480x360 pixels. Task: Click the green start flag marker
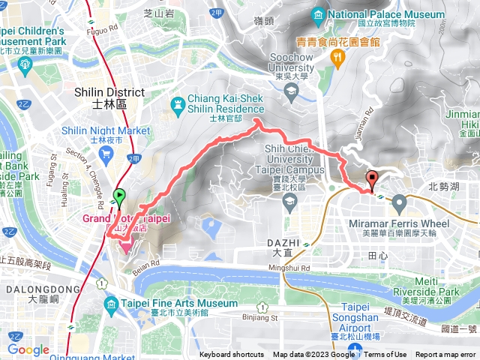tap(118, 197)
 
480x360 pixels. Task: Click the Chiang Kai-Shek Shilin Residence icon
tap(177, 104)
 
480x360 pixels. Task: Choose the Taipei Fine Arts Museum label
tap(172, 302)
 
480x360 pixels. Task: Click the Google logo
tap(28, 349)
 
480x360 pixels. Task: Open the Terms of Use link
tap(385, 355)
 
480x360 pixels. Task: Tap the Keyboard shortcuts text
tap(232, 355)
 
